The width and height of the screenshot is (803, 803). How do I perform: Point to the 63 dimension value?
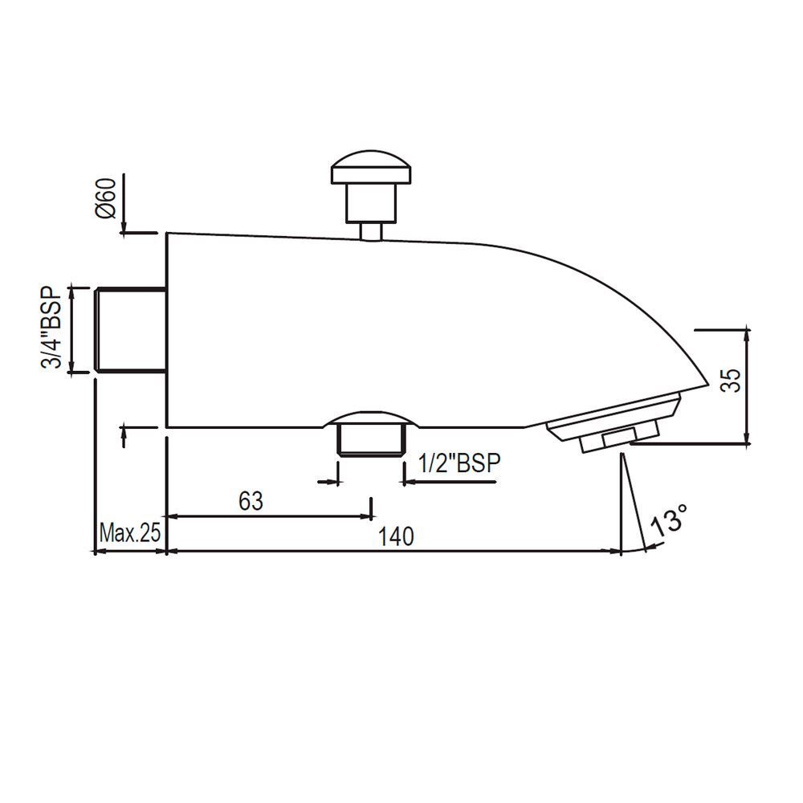[251, 501]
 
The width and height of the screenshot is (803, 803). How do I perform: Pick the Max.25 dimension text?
[129, 532]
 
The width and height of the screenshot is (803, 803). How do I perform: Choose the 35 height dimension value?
[729, 379]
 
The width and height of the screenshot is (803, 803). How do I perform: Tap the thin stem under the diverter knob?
[371, 230]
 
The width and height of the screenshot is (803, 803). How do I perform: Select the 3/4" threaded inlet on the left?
[130, 328]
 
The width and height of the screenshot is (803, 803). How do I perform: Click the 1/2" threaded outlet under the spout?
[370, 441]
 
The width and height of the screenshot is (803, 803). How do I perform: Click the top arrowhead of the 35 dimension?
[748, 332]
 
